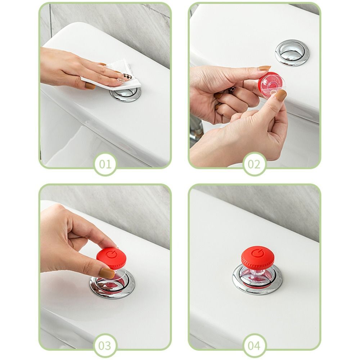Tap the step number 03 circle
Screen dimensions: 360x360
pyautogui.click(x=105, y=346)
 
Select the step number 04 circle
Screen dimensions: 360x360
pyautogui.click(x=254, y=346)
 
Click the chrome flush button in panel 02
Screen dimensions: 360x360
pyautogui.click(x=292, y=53)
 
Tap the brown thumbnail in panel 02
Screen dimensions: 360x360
pyautogui.click(x=280, y=95)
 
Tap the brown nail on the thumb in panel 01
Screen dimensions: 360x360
pyautogui.click(x=90, y=86)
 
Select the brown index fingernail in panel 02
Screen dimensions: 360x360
pyautogui.click(x=264, y=68)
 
